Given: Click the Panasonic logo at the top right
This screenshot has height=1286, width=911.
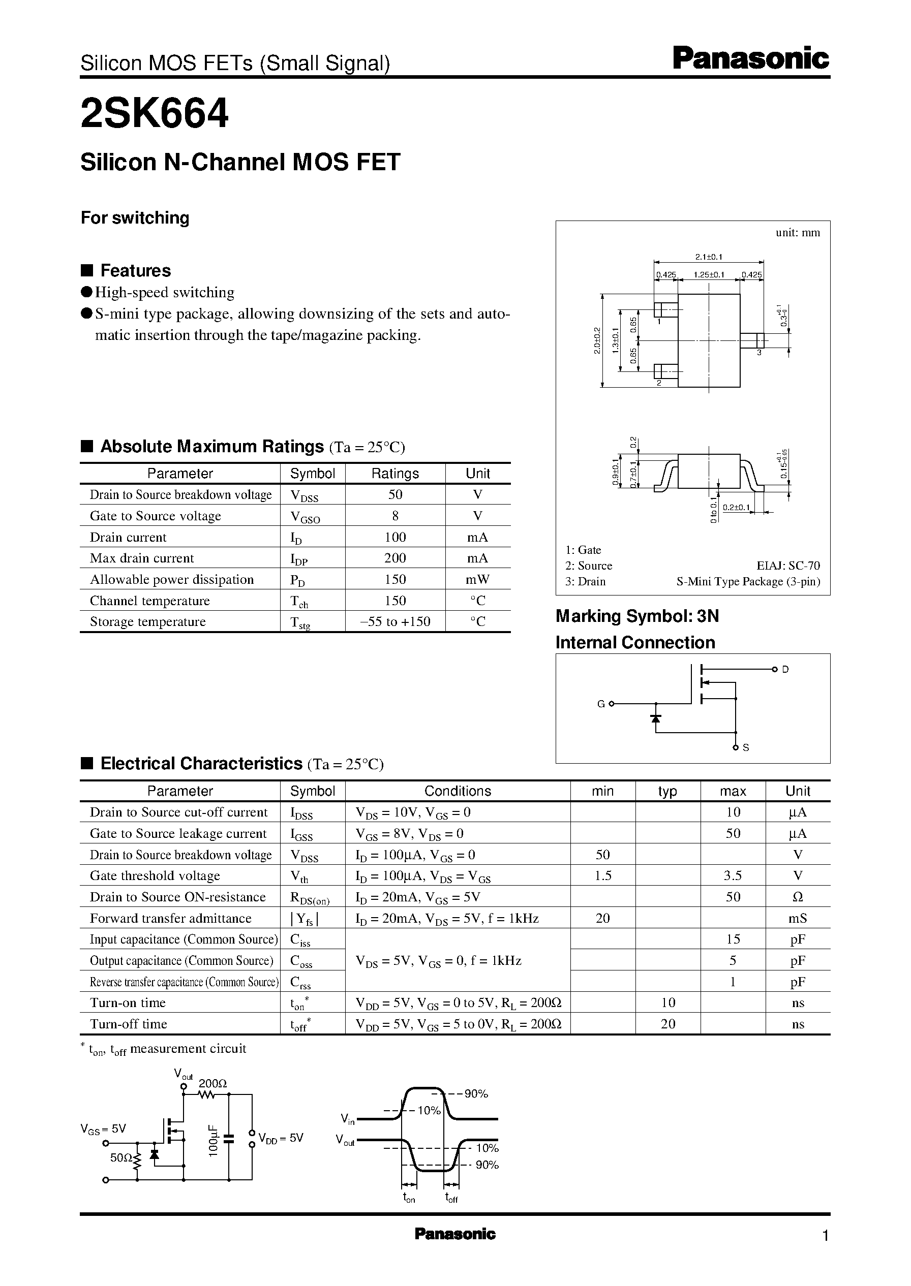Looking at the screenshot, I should [x=750, y=59].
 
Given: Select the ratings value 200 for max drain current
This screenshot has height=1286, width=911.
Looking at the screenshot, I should [x=395, y=558].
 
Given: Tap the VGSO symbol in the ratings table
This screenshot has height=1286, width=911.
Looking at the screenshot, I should [x=305, y=516].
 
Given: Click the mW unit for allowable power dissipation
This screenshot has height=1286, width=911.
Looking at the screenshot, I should [x=477, y=580].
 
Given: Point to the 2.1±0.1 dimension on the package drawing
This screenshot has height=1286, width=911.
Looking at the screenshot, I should [x=709, y=257].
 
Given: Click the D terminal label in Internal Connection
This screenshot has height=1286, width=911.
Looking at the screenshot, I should [x=785, y=669].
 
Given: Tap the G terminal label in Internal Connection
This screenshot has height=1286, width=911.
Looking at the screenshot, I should [x=601, y=704].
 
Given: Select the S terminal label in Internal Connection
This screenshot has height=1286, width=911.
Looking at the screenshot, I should [x=746, y=748].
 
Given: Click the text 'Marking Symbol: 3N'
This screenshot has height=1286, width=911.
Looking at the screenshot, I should [x=636, y=616].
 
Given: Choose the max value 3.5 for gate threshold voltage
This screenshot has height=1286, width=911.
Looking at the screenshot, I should [x=733, y=875].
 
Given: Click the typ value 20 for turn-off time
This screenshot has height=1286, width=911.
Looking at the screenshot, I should [x=667, y=1024].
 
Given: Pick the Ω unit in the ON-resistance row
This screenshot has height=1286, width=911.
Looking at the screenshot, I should [x=798, y=897].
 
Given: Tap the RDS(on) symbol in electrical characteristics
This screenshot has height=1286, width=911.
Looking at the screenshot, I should [x=310, y=898].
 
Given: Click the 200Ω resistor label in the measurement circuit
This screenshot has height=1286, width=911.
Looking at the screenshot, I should [x=212, y=1084].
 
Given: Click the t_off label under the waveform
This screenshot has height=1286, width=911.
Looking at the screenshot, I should [x=451, y=1198].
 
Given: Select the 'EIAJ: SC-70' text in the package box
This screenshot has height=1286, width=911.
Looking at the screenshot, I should [x=788, y=566].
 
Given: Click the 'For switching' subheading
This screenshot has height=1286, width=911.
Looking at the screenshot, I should [x=135, y=217].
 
